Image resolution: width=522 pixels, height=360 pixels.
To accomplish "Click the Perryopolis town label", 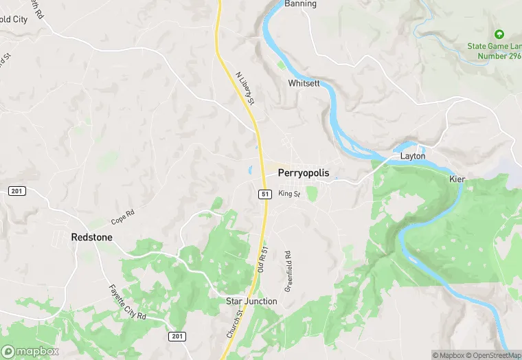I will (303, 174).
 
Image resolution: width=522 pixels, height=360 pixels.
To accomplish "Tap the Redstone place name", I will (91, 237).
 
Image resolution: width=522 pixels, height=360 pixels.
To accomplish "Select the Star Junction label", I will (251, 301).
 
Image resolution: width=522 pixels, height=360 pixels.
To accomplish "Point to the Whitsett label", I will (304, 83).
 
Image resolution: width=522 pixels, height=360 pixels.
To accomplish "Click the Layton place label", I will (413, 156).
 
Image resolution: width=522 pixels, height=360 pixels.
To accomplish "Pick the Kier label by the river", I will (457, 179).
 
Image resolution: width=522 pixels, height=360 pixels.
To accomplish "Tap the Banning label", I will (300, 4).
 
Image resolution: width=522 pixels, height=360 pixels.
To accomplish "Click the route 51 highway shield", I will (264, 194).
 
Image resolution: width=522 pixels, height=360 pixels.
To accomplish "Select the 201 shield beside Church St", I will (177, 335).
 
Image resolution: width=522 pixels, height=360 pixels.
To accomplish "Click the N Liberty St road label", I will (245, 89).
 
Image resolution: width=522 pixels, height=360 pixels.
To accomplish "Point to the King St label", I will (289, 194).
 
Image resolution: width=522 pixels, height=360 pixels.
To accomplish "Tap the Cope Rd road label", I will (122, 217).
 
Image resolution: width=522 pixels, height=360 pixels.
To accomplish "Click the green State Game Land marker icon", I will (499, 34).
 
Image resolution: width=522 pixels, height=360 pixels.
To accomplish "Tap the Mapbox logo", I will (30, 351).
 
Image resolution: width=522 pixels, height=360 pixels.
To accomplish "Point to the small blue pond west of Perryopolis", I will (251, 170).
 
